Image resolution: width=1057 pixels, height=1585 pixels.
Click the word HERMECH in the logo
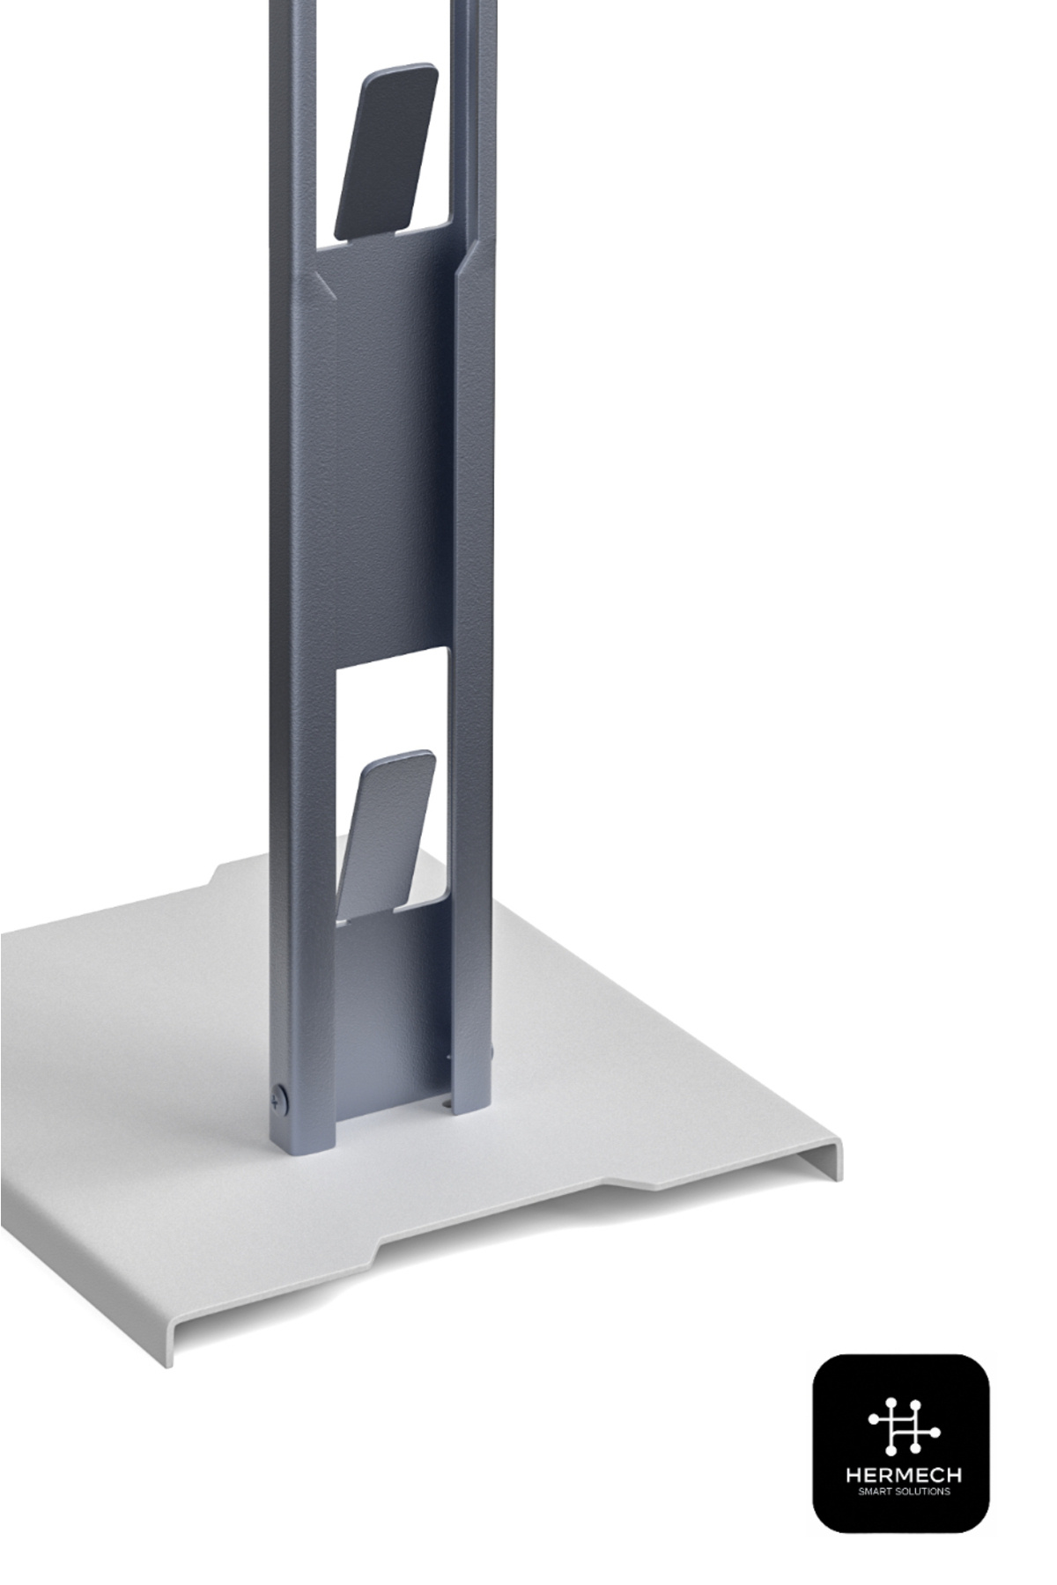(x=903, y=1474)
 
